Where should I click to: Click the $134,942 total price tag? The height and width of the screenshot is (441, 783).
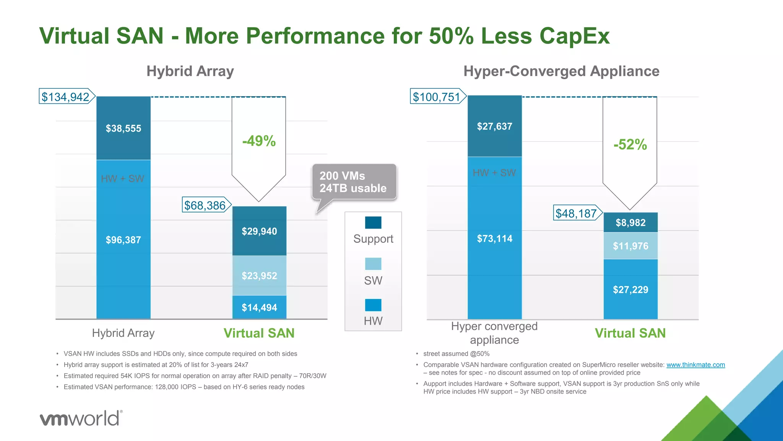pyautogui.click(x=66, y=96)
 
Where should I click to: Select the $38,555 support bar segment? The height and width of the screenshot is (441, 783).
pyautogui.click(x=123, y=128)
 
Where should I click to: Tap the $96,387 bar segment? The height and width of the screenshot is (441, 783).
pyautogui.click(x=123, y=240)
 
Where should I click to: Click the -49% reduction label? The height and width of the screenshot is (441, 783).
pyautogui.click(x=259, y=141)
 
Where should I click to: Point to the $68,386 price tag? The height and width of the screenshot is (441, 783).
pyautogui.click(x=205, y=205)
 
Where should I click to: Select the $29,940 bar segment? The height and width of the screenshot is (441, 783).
pyautogui.click(x=259, y=231)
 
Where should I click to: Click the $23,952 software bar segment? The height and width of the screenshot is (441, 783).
pyautogui.click(x=259, y=276)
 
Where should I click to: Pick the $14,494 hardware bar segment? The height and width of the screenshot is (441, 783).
pyautogui.click(x=259, y=307)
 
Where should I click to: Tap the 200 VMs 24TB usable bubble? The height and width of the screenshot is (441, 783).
pyautogui.click(x=354, y=182)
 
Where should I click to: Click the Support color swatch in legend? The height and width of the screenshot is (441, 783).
pyautogui.click(x=373, y=222)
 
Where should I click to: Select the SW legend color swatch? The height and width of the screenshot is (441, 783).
pyautogui.click(x=373, y=264)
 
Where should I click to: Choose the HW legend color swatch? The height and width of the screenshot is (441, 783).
pyautogui.click(x=373, y=305)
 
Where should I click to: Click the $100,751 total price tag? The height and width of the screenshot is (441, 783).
pyautogui.click(x=437, y=96)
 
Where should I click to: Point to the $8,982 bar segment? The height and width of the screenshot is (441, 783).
pyautogui.click(x=630, y=222)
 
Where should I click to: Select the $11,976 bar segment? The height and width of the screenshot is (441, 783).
pyautogui.click(x=630, y=246)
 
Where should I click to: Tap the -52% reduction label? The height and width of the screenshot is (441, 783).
pyautogui.click(x=630, y=144)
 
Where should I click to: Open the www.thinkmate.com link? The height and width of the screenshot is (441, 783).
pyautogui.click(x=695, y=365)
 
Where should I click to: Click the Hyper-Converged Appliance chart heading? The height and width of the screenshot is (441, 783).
pyautogui.click(x=561, y=71)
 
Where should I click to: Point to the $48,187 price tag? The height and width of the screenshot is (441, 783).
pyautogui.click(x=577, y=213)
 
